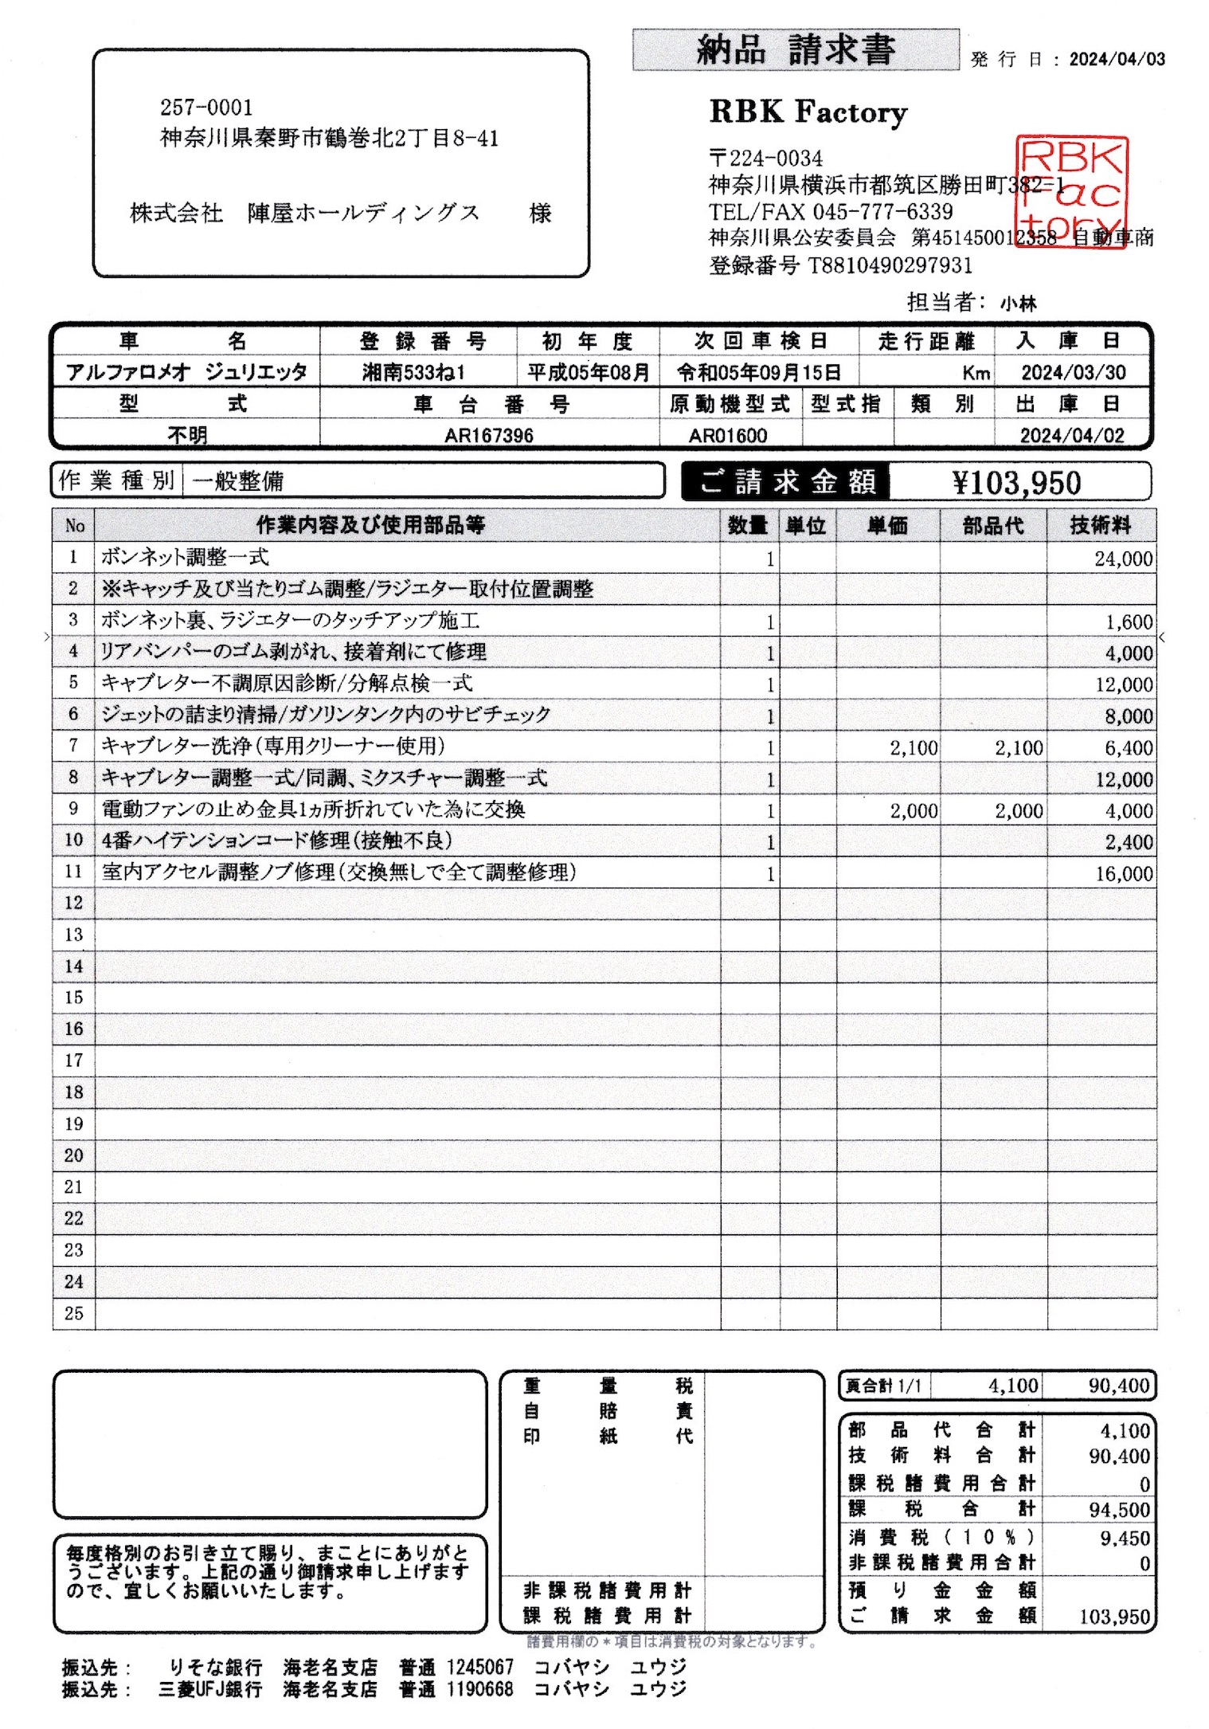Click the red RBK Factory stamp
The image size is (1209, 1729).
(1072, 192)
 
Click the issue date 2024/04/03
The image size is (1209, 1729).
(1117, 60)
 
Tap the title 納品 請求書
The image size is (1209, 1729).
(796, 50)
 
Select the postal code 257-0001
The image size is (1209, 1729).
(206, 108)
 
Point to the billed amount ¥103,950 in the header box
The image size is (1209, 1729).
(1016, 483)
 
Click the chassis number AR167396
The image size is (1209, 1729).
(489, 436)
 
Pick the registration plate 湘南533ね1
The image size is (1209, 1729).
(413, 372)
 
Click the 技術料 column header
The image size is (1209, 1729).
(1100, 526)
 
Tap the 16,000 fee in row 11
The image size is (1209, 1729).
(1123, 874)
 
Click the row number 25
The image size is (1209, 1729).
(74, 1313)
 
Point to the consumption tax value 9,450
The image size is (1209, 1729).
(1125, 1538)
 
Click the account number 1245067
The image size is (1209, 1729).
(479, 1667)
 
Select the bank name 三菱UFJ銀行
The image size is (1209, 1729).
(210, 1689)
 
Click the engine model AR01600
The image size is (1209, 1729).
(727, 436)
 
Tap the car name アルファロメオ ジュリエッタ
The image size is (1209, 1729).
(186, 372)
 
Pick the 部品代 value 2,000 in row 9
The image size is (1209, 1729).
(1019, 811)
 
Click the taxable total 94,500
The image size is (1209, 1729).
(1119, 1510)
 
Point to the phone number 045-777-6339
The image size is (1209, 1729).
(882, 212)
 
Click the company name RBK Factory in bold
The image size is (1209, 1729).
(808, 112)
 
